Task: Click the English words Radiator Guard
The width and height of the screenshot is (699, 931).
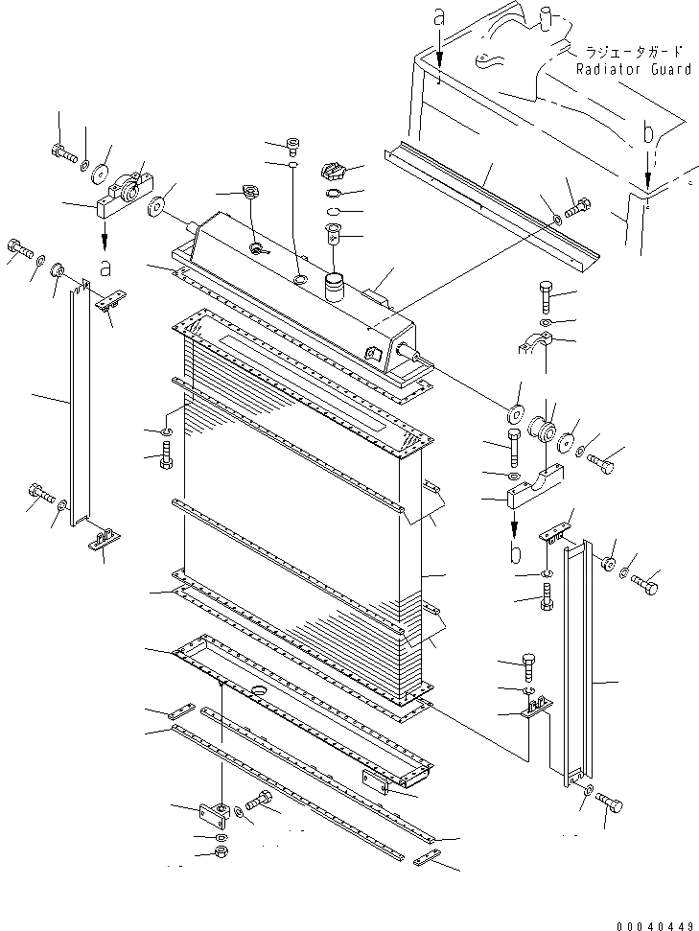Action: pos(633,69)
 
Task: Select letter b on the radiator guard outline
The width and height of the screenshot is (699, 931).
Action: pos(649,133)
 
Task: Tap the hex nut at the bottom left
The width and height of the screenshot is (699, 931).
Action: pos(221,851)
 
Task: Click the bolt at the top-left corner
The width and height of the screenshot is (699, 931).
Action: pos(58,151)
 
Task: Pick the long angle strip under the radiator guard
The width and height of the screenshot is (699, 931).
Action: pos(489,198)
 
